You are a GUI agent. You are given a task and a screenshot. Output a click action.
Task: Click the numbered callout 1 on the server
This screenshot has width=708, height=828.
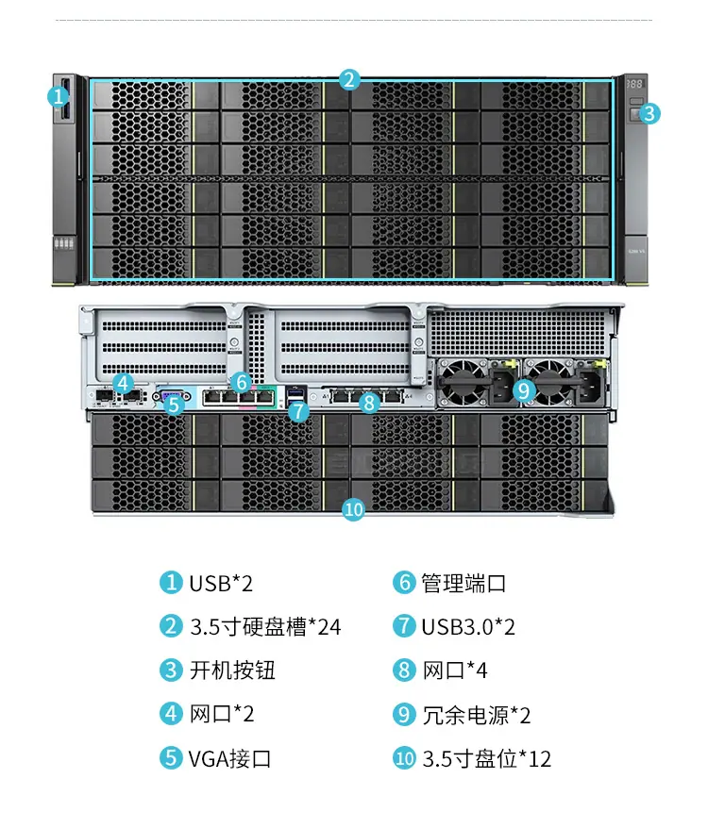59,96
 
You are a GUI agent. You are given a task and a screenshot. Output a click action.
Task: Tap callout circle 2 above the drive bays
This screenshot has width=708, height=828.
349,80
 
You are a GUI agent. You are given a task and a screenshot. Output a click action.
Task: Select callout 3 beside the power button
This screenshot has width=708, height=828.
649,113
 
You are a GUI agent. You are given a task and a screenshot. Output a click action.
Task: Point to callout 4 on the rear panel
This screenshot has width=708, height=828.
124,383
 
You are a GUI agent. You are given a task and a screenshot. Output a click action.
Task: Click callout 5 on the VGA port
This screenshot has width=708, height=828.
174,405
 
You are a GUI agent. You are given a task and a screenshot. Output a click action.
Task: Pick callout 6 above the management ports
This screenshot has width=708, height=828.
242,382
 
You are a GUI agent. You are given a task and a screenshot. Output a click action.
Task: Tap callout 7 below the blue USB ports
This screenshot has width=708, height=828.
298,410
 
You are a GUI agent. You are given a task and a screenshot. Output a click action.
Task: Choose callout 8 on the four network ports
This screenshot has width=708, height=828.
369,403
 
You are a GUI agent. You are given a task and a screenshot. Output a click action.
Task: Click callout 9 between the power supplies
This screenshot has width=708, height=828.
524,390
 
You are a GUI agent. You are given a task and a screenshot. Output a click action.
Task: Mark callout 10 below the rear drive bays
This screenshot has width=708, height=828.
353,509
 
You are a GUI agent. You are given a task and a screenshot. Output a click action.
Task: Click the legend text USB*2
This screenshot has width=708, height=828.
221,584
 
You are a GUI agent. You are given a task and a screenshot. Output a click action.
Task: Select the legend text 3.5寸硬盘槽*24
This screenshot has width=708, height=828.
265,627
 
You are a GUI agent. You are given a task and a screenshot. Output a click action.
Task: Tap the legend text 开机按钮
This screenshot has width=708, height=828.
232,671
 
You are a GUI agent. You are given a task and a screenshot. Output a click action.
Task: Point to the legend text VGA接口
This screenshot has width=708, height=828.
230,758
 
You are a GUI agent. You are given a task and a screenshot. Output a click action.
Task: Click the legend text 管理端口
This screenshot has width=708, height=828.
464,583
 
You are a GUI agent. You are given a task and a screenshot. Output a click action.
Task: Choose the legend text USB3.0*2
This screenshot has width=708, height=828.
468,627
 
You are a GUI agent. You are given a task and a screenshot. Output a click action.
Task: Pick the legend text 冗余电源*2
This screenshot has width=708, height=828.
477,715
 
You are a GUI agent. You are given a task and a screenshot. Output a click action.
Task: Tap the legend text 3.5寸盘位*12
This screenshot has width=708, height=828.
486,758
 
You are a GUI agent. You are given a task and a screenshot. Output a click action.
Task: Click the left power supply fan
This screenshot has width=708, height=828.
464,382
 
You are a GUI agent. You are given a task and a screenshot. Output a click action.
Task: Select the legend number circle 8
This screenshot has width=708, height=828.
404,670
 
